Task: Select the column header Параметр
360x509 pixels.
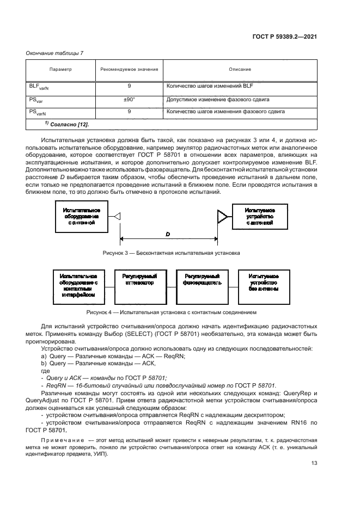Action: point(60,70)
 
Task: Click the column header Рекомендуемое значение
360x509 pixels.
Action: point(129,70)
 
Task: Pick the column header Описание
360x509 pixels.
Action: point(240,70)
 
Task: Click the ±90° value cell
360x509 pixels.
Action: point(129,100)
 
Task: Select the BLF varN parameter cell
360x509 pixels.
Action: point(39,87)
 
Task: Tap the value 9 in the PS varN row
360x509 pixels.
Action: point(129,112)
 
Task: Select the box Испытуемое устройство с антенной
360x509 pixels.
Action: point(259,217)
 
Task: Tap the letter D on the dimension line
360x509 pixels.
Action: point(168,234)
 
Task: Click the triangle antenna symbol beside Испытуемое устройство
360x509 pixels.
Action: point(222,217)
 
